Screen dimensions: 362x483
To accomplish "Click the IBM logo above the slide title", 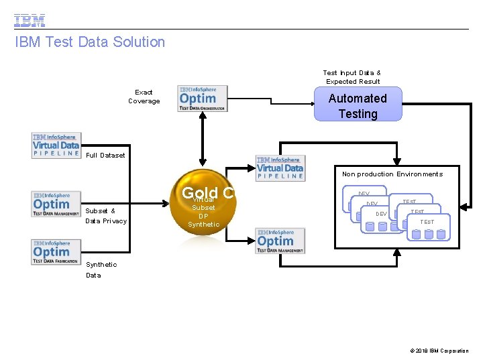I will pyautogui.click(x=30, y=19).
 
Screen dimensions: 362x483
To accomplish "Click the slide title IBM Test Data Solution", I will pyautogui.click(x=90, y=42).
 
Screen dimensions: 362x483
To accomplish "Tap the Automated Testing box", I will pyautogui.click(x=358, y=105).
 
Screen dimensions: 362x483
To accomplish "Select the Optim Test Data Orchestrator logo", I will pyautogui.click(x=203, y=98).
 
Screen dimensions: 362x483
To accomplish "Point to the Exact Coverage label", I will pyautogui.click(x=144, y=97).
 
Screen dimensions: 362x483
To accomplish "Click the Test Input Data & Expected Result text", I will pyautogui.click(x=352, y=77).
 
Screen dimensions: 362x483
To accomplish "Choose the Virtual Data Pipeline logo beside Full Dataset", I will pyautogui.click(x=56, y=145).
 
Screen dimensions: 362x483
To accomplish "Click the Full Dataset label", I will pyautogui.click(x=106, y=156).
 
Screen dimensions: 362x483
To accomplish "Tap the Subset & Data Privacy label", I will pyautogui.click(x=106, y=216).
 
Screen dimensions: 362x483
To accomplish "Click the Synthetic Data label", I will pyautogui.click(x=101, y=269).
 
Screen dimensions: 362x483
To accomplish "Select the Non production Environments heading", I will pyautogui.click(x=392, y=174).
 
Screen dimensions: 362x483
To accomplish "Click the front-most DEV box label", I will pyautogui.click(x=381, y=214).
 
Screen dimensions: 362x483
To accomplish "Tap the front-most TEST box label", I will pyautogui.click(x=427, y=222).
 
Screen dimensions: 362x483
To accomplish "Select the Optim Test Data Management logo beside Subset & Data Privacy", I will pyautogui.click(x=56, y=204).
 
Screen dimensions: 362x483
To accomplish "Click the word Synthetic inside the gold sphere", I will pyautogui.click(x=203, y=225).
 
